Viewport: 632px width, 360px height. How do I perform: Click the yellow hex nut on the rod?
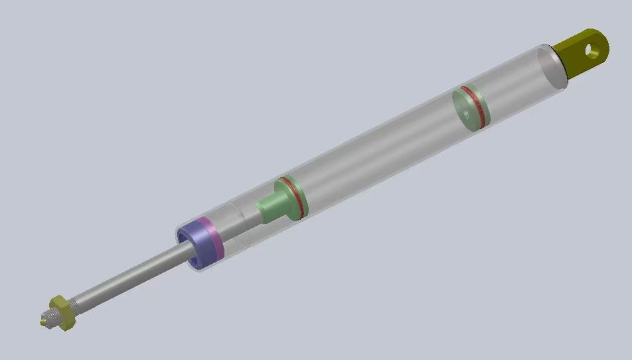click(62, 312)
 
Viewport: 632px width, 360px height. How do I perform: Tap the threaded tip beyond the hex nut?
click(46, 321)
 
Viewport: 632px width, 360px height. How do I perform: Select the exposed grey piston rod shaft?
click(126, 280)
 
